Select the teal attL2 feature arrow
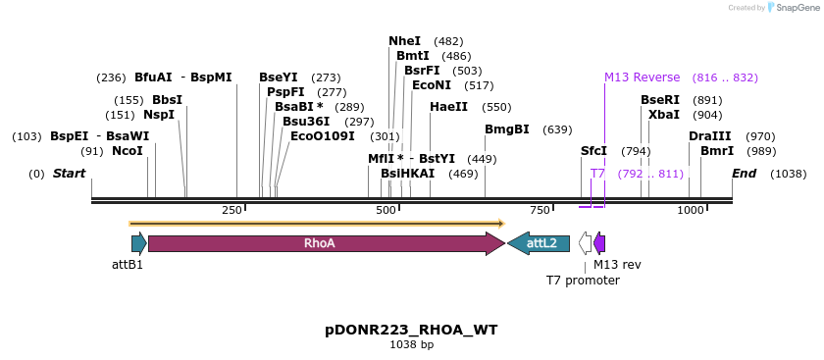[x=538, y=243]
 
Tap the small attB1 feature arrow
[x=138, y=243]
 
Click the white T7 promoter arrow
[x=585, y=243]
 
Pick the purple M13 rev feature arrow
[x=599, y=243]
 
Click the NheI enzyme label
[x=404, y=41]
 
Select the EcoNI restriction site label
[x=431, y=85]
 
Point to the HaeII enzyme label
[x=448, y=107]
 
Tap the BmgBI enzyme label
[x=506, y=129]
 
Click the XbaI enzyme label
[x=663, y=115]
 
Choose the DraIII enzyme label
[x=709, y=136]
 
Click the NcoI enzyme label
[x=127, y=151]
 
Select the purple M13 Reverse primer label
[x=642, y=77]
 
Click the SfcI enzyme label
[x=593, y=151]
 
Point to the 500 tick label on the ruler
[x=385, y=210]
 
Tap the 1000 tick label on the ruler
[x=690, y=210]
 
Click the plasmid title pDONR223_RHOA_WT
[x=411, y=330]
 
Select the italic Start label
[x=69, y=174]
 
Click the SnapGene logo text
[x=794, y=8]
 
